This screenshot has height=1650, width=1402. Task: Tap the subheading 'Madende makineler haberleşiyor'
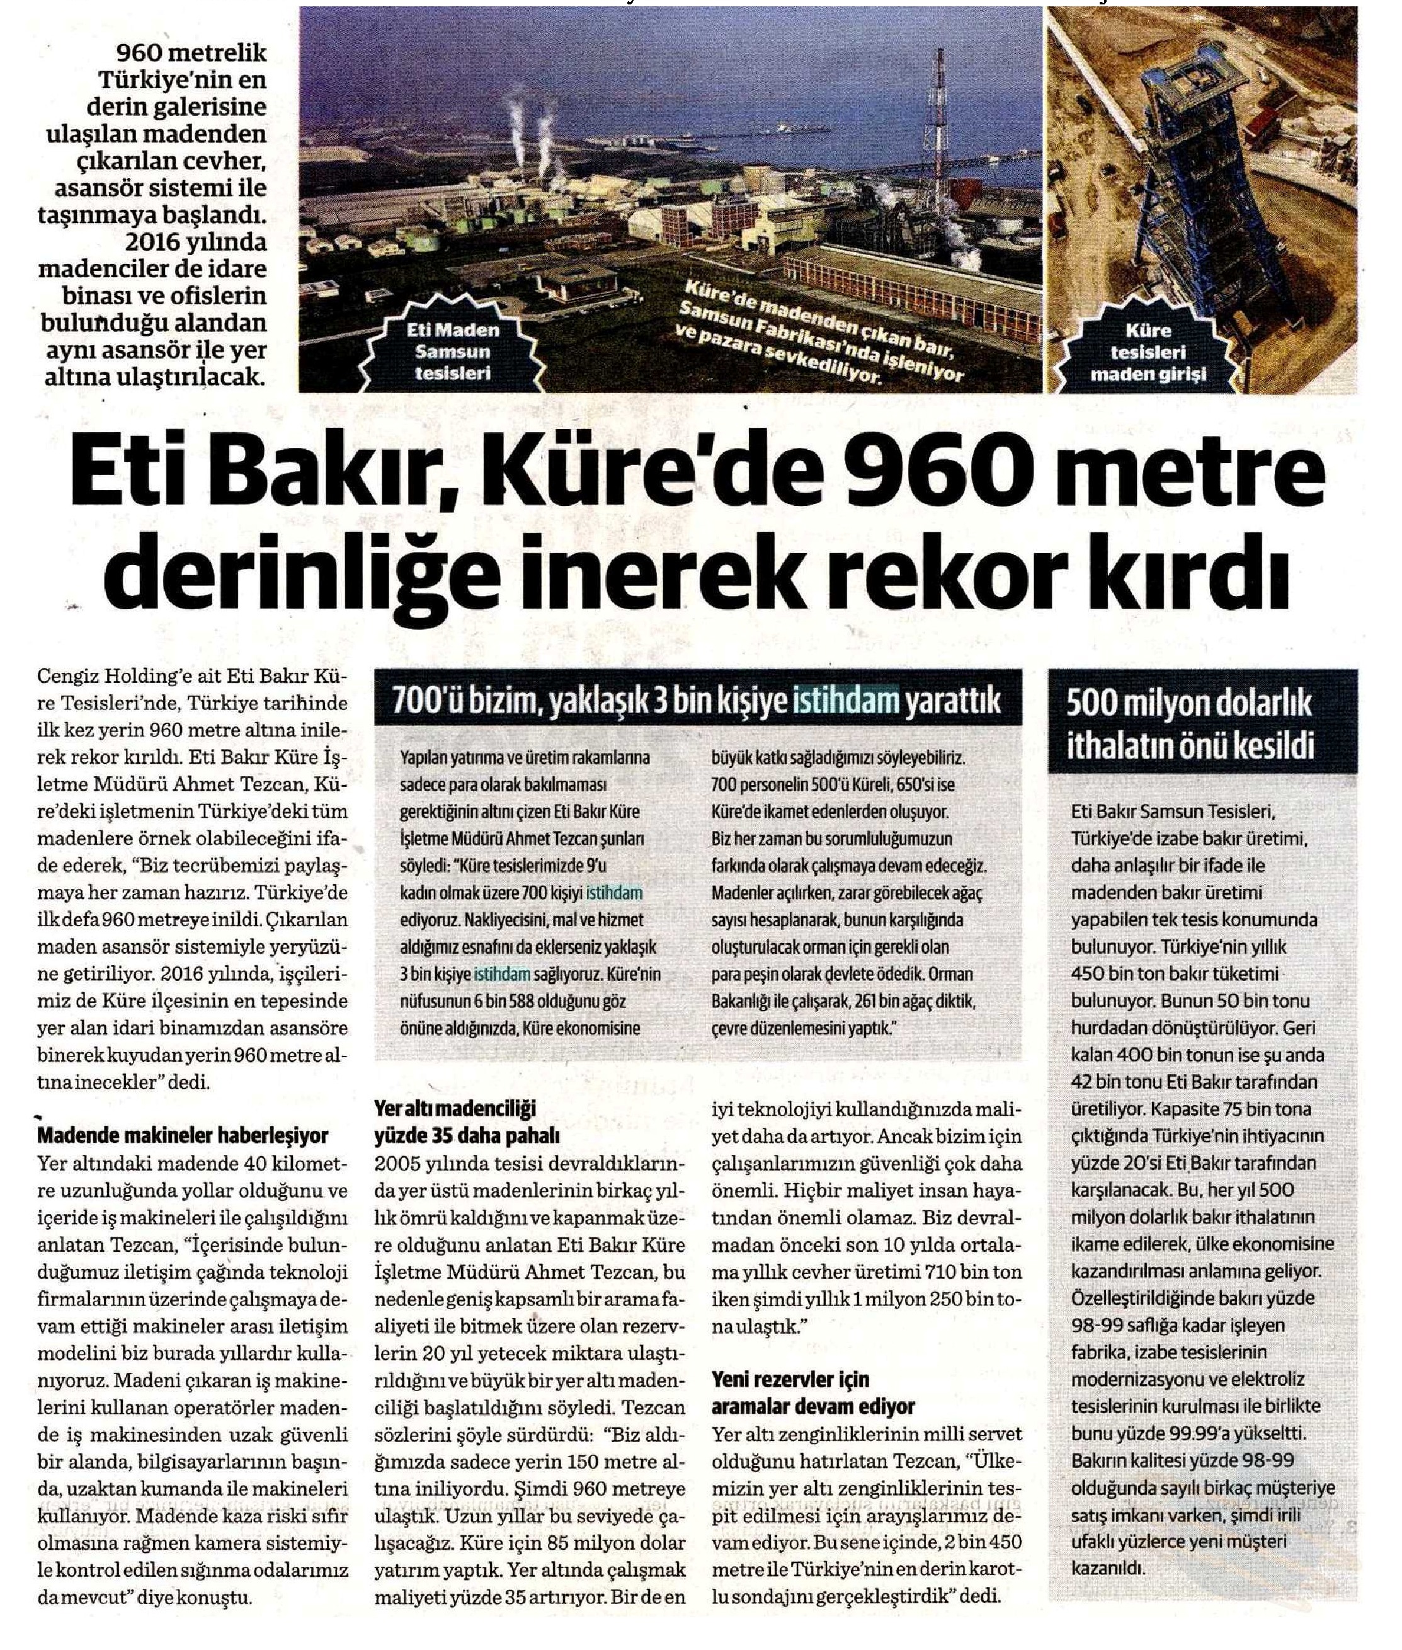[x=183, y=1136]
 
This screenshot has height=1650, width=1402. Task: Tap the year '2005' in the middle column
[x=399, y=1164]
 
